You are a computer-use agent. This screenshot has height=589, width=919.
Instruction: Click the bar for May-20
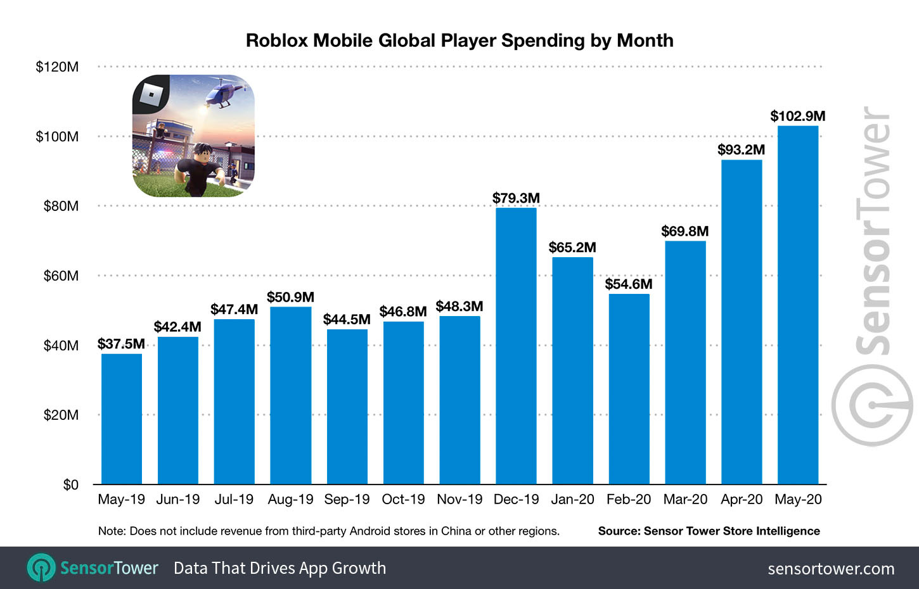coord(798,305)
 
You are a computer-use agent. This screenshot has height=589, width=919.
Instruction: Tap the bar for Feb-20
coord(629,389)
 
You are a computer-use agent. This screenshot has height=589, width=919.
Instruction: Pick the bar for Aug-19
coord(290,395)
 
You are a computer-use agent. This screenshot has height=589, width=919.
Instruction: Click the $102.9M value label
coord(797,116)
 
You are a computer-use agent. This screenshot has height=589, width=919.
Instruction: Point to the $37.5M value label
coord(121,344)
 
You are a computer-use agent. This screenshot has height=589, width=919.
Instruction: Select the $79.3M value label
coord(516,198)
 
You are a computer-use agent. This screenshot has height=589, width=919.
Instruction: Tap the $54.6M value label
coord(628,284)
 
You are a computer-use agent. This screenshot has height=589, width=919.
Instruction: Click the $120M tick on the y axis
coord(57,66)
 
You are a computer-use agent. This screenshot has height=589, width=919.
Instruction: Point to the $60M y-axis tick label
coord(61,275)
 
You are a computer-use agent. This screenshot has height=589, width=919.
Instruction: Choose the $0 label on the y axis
coord(70,484)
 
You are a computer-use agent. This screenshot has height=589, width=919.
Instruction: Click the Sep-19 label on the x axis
coord(347,499)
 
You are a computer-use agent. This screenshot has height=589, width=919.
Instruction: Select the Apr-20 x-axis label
coord(742,499)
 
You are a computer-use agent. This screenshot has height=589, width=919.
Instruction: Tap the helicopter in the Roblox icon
coord(222,93)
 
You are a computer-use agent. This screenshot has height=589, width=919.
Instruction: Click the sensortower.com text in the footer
coord(831,569)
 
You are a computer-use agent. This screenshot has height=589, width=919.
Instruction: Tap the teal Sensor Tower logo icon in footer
coord(41,568)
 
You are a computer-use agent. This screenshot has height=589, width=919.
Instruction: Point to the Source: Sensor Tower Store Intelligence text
coord(709,531)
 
